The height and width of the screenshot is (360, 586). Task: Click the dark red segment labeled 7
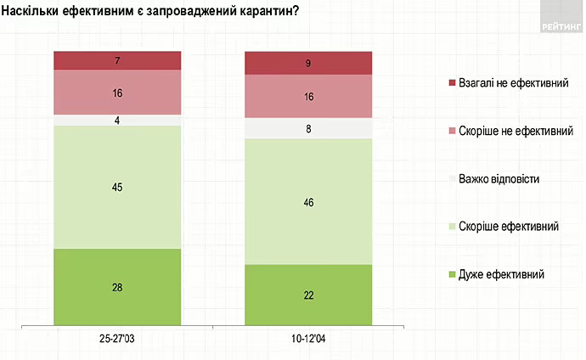(117, 60)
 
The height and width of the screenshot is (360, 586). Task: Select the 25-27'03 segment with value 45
(117, 187)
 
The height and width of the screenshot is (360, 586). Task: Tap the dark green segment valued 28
(117, 287)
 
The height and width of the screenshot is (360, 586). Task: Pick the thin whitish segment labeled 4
(117, 120)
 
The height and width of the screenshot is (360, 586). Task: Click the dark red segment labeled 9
(308, 63)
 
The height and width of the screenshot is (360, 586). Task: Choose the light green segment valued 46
(308, 201)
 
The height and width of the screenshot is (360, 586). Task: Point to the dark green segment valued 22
(308, 294)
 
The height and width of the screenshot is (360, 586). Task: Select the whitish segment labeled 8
(308, 128)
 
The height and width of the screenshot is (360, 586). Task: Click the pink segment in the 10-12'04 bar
(308, 97)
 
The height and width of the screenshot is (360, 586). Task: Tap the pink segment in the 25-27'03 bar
(117, 92)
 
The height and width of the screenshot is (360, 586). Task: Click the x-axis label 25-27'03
(117, 339)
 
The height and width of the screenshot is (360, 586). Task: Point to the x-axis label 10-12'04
(308, 339)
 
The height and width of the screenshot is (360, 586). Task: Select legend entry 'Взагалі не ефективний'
(512, 84)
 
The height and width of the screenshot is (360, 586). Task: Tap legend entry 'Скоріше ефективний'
(508, 227)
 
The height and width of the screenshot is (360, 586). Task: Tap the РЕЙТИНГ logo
(562, 25)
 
